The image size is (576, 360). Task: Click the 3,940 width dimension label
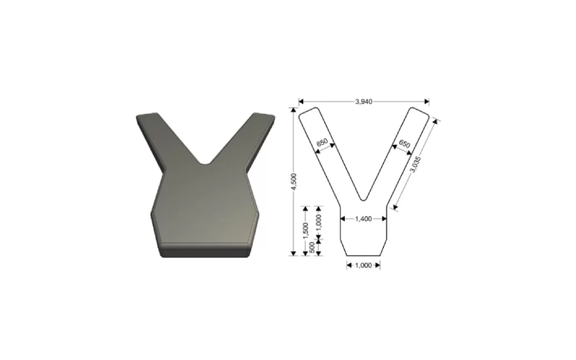[x=364, y=102]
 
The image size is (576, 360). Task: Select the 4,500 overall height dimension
[x=294, y=181]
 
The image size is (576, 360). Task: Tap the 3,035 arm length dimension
[x=415, y=165]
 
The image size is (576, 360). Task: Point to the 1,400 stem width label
[x=364, y=219]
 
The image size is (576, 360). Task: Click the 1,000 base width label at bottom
[x=364, y=265]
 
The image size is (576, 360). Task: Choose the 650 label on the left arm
[x=322, y=142]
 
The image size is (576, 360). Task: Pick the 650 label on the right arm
[x=404, y=143]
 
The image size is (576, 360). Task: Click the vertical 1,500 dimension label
[x=305, y=230]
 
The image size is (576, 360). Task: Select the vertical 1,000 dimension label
[x=318, y=222]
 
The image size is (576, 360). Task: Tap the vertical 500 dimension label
[x=312, y=247]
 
